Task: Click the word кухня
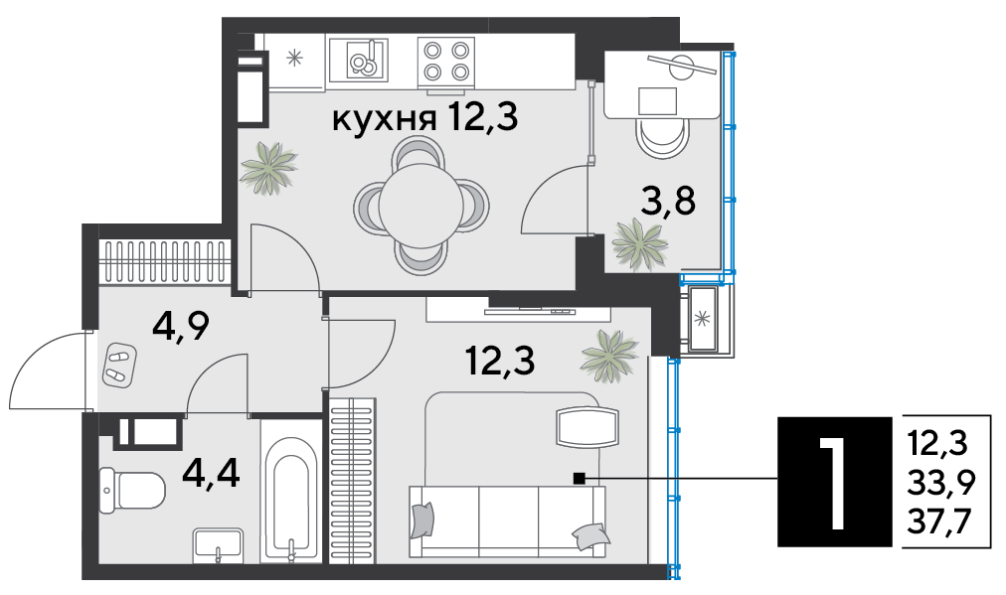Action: click(385, 120)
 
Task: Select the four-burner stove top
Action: click(446, 62)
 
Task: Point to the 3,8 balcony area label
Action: click(669, 201)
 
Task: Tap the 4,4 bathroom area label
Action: click(211, 474)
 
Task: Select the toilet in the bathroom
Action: click(133, 491)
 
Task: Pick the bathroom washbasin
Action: click(218, 544)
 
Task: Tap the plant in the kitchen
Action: click(268, 168)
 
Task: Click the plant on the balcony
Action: click(639, 244)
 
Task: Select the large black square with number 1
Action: click(835, 482)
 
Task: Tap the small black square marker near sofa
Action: click(579, 478)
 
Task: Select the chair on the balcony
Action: click(662, 137)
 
